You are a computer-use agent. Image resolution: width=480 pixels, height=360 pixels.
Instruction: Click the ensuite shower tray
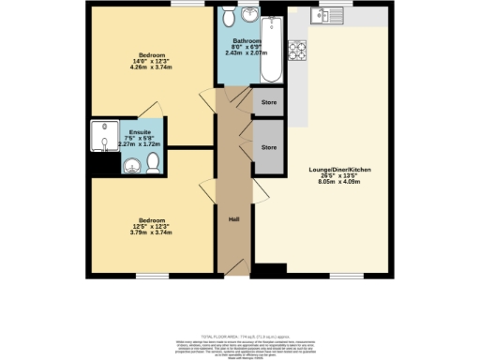[x=100, y=139]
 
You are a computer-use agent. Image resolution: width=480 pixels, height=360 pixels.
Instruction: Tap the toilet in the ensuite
[x=154, y=162]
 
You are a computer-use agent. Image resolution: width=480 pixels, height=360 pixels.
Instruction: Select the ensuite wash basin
[x=133, y=166]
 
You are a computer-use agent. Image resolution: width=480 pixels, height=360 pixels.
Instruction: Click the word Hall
[x=234, y=219]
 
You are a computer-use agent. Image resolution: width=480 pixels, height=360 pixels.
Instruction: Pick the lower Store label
[x=269, y=148]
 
